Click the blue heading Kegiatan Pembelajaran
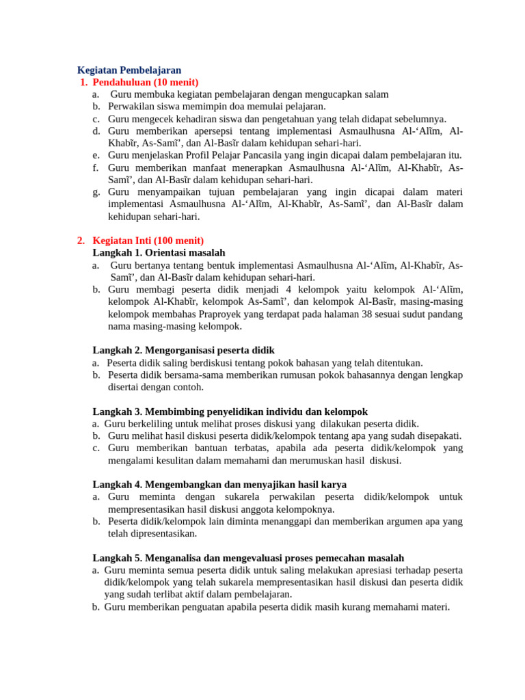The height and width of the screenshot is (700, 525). point(129,70)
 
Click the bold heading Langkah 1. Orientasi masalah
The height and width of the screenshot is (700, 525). point(159,253)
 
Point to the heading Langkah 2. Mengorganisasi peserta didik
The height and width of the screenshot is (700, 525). point(183,350)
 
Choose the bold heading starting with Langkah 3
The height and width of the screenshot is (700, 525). point(230,412)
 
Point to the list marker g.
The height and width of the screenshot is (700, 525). point(96,192)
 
